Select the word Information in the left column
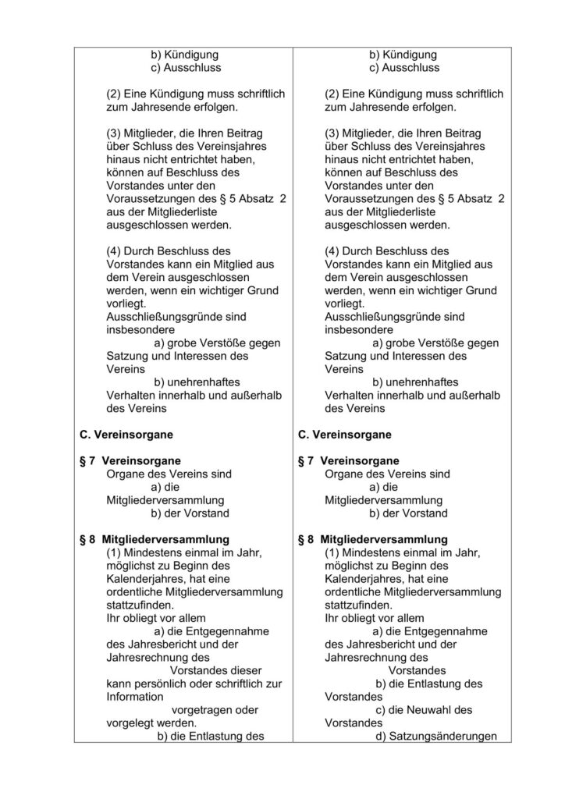[x=135, y=696]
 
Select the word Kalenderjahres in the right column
[x=363, y=578]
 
